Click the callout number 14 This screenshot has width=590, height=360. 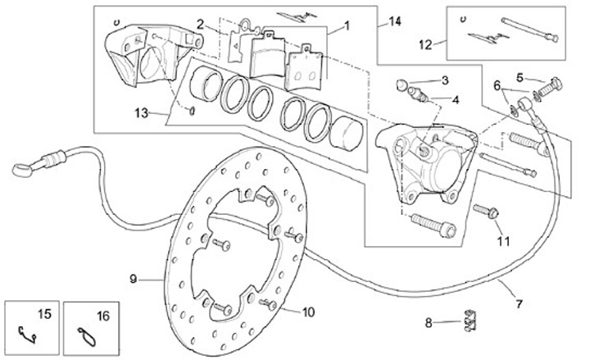[x=394, y=22]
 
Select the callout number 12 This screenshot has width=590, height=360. [x=425, y=45]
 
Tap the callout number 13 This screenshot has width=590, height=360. [x=142, y=112]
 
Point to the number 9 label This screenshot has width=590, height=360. [x=133, y=279]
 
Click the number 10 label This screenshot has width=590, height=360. [x=308, y=312]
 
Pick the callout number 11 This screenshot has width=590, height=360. [x=503, y=241]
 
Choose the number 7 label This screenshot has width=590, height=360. [x=519, y=303]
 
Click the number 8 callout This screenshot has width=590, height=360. [x=429, y=323]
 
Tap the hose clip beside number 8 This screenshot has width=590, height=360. [x=470, y=321]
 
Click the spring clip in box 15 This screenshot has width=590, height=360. [x=27, y=335]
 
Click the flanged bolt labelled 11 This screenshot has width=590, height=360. [x=486, y=211]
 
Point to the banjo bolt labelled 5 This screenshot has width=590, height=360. [x=548, y=87]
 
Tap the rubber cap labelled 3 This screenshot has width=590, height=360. [x=402, y=84]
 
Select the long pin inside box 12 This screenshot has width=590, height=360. [x=530, y=29]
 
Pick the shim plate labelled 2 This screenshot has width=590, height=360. [x=241, y=42]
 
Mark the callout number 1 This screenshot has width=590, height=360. [x=347, y=26]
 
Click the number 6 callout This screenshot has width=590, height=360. [x=497, y=86]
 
